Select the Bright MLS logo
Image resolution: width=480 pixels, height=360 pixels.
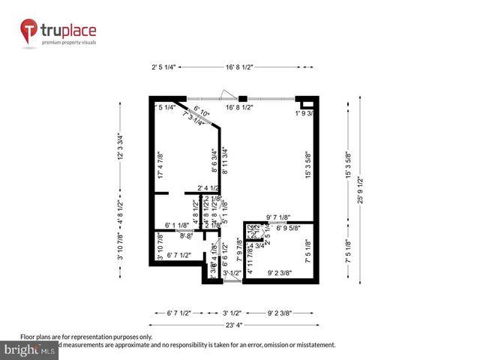point(30,350)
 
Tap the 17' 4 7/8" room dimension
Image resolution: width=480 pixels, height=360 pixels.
point(160,165)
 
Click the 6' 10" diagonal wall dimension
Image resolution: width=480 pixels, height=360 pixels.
point(202,110)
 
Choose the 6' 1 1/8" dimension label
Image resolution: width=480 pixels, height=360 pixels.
point(172,226)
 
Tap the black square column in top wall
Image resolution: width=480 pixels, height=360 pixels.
point(242,97)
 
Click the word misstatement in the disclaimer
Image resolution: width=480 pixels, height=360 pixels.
point(313,344)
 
